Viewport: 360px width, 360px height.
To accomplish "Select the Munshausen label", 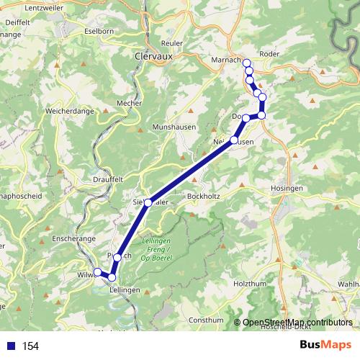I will pos(171,127).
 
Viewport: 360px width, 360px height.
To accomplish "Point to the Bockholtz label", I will pos(203,195).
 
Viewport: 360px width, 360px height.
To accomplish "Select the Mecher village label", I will pos(129,103).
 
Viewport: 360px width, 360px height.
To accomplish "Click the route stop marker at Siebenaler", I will pos(148,203).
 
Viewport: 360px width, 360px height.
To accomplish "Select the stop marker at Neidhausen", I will pos(235,140).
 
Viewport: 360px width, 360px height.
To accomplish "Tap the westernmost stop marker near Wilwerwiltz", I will pos(98,271).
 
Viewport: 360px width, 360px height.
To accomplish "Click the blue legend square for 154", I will pos(11,346).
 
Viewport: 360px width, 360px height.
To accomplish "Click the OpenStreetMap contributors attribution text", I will pos(297,322).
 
